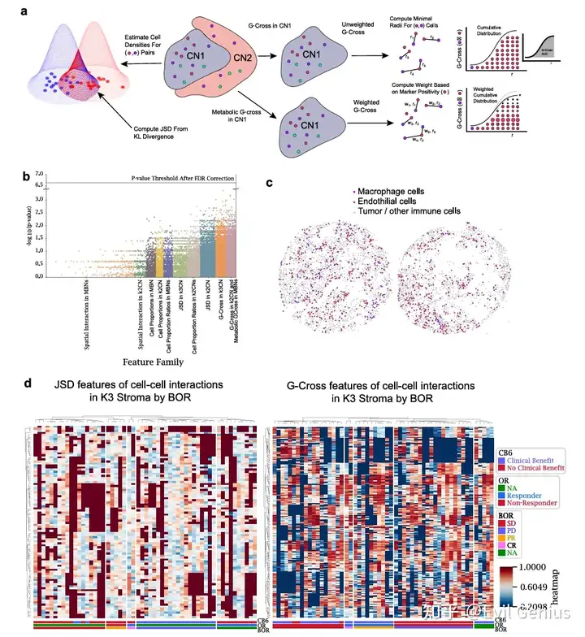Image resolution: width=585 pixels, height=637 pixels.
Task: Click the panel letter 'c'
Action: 270,182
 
